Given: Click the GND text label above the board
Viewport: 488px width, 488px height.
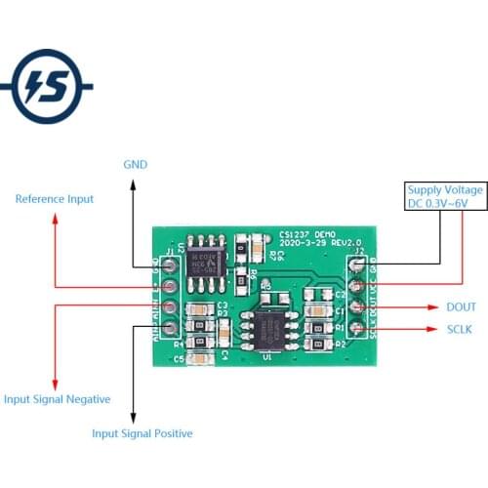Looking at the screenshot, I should (135, 165).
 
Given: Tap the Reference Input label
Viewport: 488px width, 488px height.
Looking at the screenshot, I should (55, 199).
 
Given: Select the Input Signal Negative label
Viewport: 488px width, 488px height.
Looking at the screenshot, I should (57, 399).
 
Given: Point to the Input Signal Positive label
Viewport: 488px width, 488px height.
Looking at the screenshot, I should (142, 433).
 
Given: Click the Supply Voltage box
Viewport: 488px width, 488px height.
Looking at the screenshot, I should (444, 196).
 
